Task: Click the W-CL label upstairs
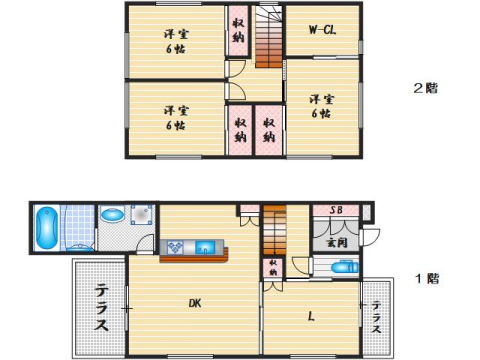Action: click(x=322, y=30)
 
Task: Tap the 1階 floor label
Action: click(x=427, y=278)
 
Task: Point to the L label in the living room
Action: click(x=311, y=317)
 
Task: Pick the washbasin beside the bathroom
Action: click(x=111, y=214)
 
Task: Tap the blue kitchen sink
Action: click(x=205, y=247)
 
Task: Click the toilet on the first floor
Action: click(x=342, y=267)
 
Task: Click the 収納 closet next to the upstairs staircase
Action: click(x=238, y=30)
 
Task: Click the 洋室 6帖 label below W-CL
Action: click(x=321, y=106)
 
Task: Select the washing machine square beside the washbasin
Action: click(x=141, y=216)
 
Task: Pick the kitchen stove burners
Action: click(x=172, y=247)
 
